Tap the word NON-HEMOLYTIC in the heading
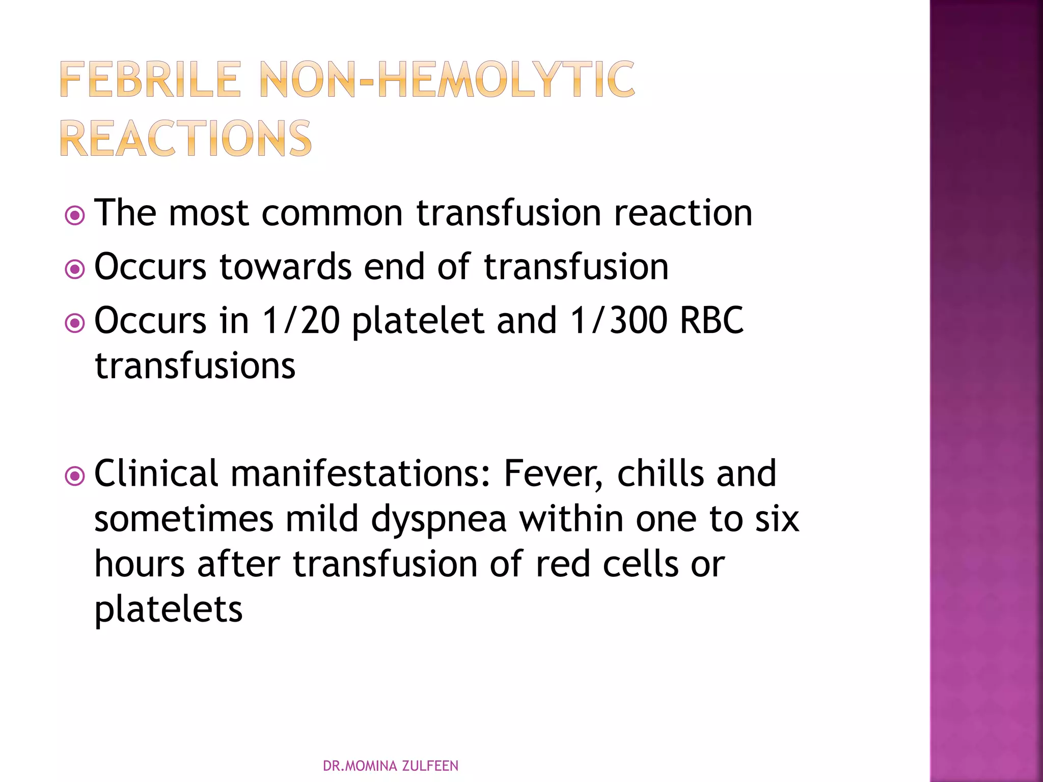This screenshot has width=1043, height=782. click(x=447, y=79)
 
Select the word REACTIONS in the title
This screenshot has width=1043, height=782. click(x=186, y=138)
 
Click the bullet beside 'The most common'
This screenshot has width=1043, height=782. click(x=75, y=215)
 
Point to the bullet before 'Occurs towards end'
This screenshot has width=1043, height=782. click(x=75, y=269)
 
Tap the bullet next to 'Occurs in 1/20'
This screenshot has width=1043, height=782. click(x=75, y=323)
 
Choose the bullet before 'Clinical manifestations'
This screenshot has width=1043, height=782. click(x=75, y=477)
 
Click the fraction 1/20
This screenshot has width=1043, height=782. click(x=300, y=321)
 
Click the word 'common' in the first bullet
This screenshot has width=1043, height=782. click(x=332, y=213)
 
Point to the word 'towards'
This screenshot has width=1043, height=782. click(x=285, y=267)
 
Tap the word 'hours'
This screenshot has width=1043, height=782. click(x=140, y=565)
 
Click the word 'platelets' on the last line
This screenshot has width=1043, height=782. click(x=169, y=610)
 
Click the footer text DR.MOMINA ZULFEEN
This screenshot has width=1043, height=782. click(x=391, y=766)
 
